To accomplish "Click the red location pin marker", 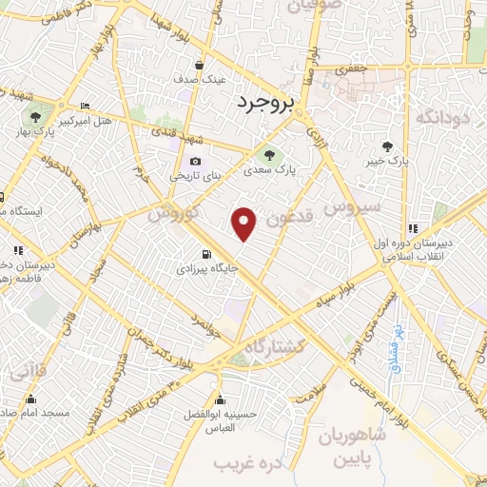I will click(245, 224).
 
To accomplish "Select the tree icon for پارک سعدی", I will click(270, 155).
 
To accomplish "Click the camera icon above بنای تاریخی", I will click(195, 162).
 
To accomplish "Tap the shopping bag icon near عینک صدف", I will click(198, 66).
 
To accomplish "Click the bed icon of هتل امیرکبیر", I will click(86, 106).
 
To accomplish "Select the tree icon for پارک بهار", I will click(35, 118).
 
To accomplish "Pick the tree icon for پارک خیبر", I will click(386, 146).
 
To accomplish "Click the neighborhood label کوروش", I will click(172, 214).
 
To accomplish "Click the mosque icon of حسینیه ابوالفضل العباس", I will click(221, 399).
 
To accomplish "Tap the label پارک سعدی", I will click(269, 172).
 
